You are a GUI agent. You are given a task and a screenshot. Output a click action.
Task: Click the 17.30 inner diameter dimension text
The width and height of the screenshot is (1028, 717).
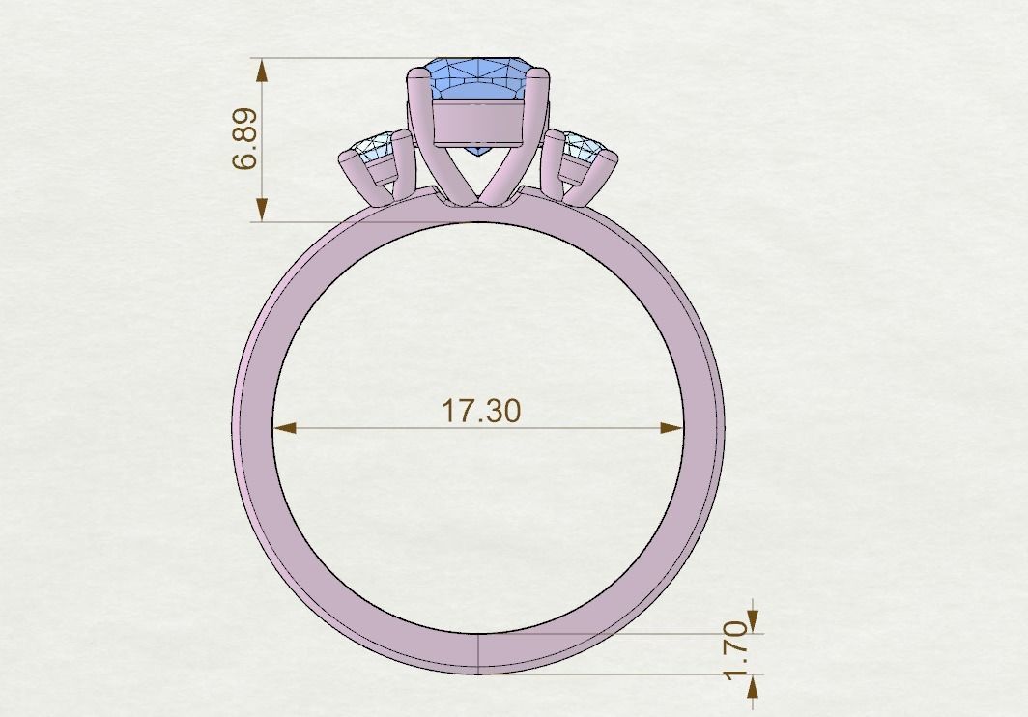(480, 411)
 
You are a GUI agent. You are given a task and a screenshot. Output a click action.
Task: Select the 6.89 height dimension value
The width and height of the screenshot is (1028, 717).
(245, 139)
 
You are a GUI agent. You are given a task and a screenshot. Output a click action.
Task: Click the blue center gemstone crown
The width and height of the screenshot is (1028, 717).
(479, 77)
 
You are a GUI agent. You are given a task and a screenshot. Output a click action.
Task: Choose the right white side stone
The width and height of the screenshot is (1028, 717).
(583, 148)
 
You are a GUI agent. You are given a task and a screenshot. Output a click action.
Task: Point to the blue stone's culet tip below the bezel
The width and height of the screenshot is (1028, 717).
(479, 155)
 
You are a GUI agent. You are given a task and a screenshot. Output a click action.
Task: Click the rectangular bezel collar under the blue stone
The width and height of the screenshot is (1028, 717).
(479, 123)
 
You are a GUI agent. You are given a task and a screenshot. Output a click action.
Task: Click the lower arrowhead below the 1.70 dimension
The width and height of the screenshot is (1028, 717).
(754, 685)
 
